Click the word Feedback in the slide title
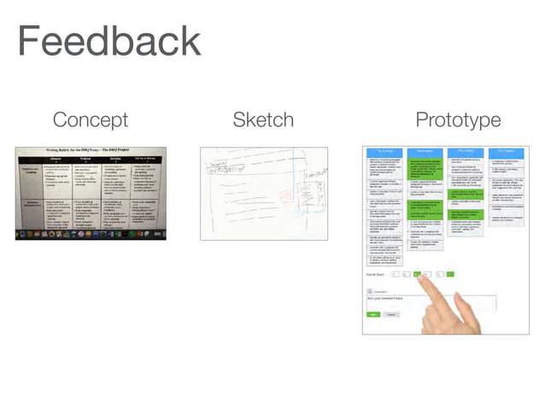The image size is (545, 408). (x=108, y=42)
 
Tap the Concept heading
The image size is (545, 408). (x=90, y=119)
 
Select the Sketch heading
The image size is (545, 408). (x=263, y=119)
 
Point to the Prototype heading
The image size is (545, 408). (x=458, y=119)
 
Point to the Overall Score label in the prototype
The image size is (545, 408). (x=376, y=274)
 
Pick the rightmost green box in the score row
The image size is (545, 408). (x=450, y=274)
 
